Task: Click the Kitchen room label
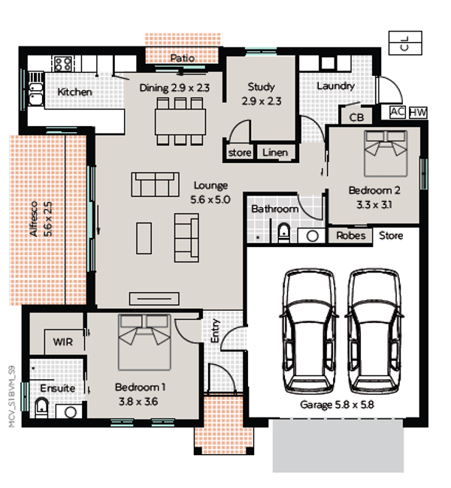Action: [x=75, y=92]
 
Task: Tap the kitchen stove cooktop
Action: [x=62, y=64]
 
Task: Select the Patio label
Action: [x=183, y=59]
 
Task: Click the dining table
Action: [x=180, y=122]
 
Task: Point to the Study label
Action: [x=261, y=87]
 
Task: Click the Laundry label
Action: [x=336, y=86]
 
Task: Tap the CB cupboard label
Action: [x=356, y=117]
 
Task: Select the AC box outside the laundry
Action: [x=398, y=112]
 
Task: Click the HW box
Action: [x=418, y=113]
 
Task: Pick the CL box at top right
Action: [x=405, y=43]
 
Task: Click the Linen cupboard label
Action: [x=275, y=152]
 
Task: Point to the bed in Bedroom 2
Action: [x=386, y=153]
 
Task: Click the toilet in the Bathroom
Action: [x=283, y=233]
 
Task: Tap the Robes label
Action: [x=350, y=236]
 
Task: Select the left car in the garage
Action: [x=309, y=333]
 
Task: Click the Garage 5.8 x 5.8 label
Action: [x=337, y=405]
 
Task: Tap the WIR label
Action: [x=62, y=342]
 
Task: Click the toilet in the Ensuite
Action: [x=41, y=408]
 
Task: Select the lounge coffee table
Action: [x=144, y=238]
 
